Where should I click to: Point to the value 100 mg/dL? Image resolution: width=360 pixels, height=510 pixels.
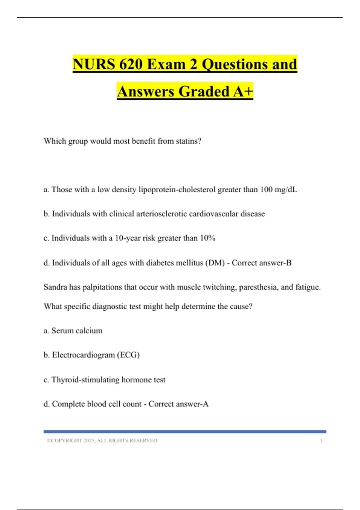tap(278, 190)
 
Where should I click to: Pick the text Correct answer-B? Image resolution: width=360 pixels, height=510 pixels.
tap(262, 263)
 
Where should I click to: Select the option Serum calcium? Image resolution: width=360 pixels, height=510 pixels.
tap(77, 331)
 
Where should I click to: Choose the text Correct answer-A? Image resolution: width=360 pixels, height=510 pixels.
tap(178, 404)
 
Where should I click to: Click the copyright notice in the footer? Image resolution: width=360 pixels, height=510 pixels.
tap(102, 440)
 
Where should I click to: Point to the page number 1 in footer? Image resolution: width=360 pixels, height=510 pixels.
tap(321, 440)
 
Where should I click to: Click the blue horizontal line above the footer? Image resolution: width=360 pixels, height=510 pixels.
tap(185, 431)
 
